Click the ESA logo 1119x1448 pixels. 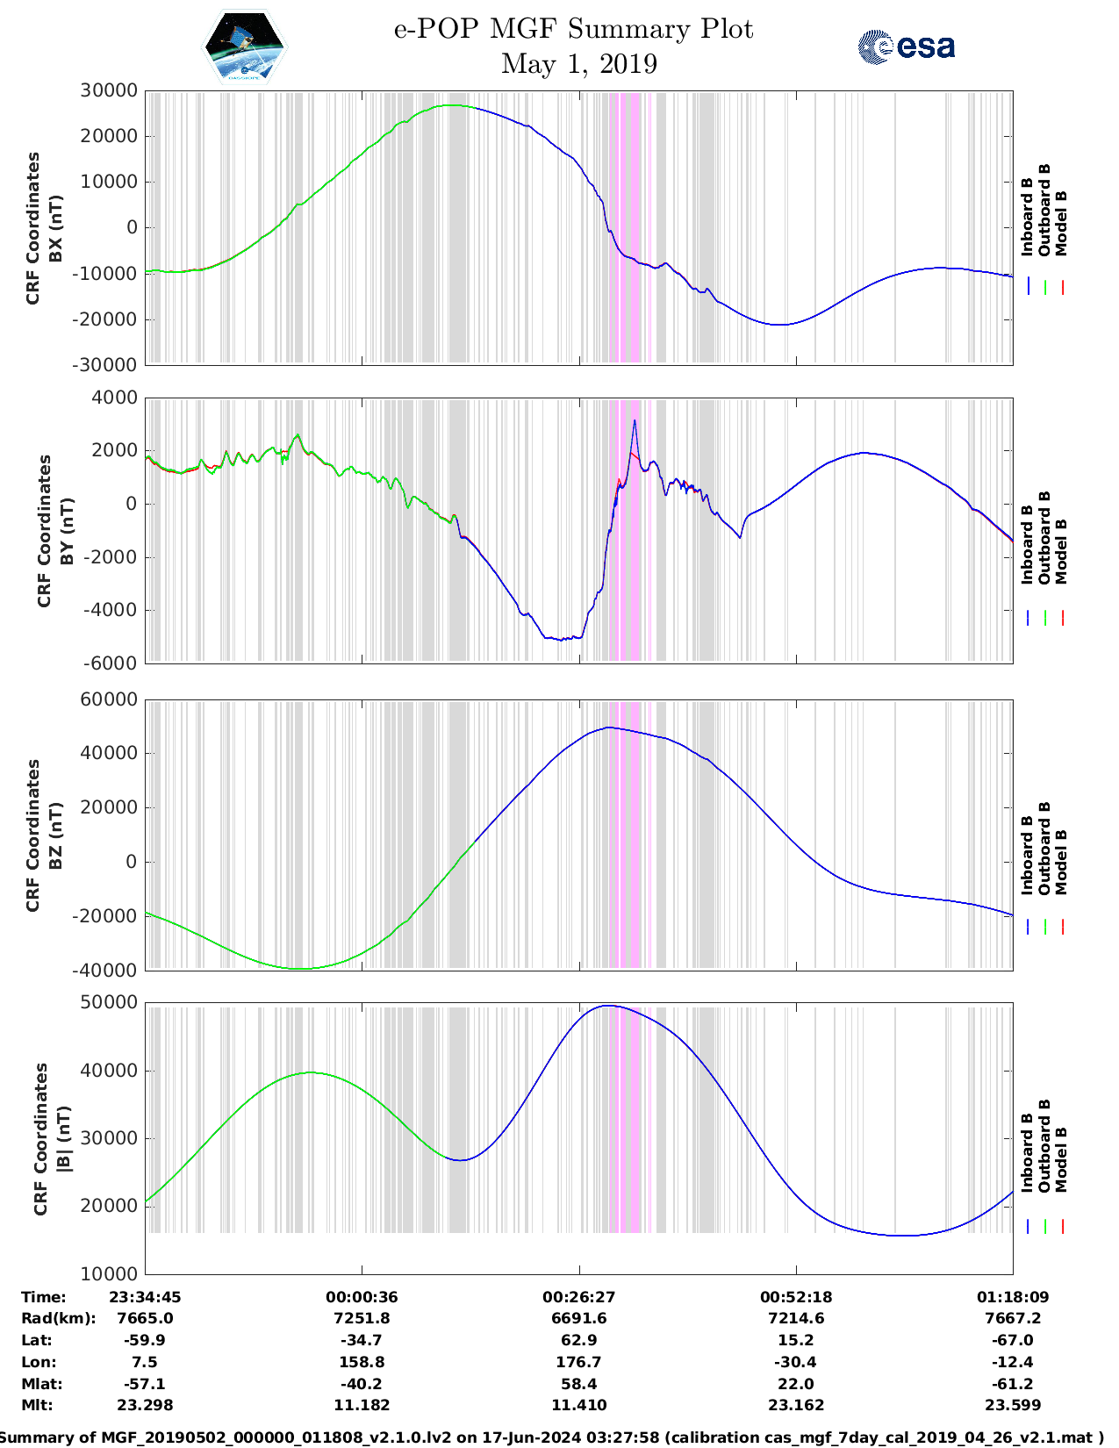pyautogui.click(x=906, y=47)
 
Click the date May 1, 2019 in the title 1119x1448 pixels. pyautogui.click(x=578, y=64)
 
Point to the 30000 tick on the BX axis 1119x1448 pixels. pyautogui.click(x=109, y=90)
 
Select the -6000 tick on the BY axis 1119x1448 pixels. pyautogui.click(x=111, y=663)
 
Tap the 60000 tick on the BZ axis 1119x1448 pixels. pyautogui.click(x=109, y=699)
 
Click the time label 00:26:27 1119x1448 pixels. pyautogui.click(x=578, y=1297)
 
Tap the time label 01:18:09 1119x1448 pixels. pyautogui.click(x=1013, y=1297)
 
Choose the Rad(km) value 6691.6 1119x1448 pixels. pyautogui.click(x=578, y=1318)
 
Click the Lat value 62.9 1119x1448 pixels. pyautogui.click(x=578, y=1340)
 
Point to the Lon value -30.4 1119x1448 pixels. pyautogui.click(x=795, y=1362)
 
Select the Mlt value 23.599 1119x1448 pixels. pyautogui.click(x=1013, y=1405)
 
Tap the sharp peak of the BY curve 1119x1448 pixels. pyautogui.click(x=635, y=421)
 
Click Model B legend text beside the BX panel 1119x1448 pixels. pyautogui.click(x=1061, y=223)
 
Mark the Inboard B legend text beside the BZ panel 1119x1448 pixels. pyautogui.click(x=1027, y=856)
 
